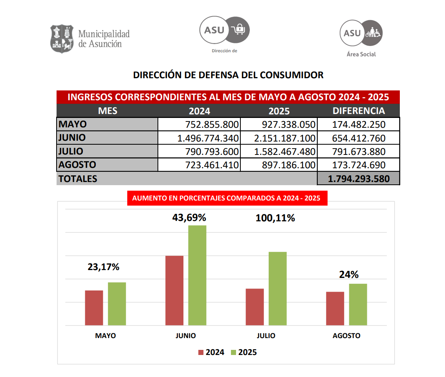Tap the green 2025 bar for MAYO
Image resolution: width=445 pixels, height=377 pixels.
(x=117, y=303)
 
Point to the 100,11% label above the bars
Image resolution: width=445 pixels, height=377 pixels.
(x=275, y=218)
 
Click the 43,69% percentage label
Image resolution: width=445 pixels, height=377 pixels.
(x=189, y=217)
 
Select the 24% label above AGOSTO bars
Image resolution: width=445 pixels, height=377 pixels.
(x=349, y=275)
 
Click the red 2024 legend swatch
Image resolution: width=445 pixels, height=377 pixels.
(x=201, y=352)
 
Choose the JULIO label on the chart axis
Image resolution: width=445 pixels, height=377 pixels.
(x=266, y=336)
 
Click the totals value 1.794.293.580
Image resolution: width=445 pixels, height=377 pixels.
(x=358, y=178)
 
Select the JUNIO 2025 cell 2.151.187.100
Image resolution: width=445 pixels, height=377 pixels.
(x=278, y=138)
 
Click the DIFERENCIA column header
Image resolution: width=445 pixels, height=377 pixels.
(x=358, y=111)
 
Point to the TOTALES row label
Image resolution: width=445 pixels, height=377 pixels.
(x=78, y=178)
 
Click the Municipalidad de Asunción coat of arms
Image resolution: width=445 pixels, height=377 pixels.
(x=62, y=39)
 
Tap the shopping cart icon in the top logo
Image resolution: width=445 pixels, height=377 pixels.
(x=238, y=29)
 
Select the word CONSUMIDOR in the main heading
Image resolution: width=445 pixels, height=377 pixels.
(x=292, y=75)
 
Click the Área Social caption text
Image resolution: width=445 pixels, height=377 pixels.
(x=361, y=54)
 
